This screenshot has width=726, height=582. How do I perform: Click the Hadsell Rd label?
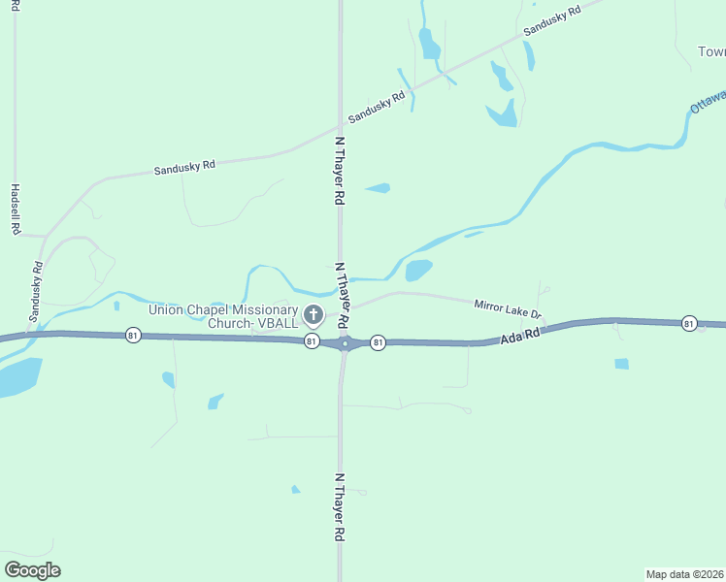pyautogui.click(x=16, y=210)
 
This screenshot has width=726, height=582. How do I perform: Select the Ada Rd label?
pyautogui.click(x=519, y=336)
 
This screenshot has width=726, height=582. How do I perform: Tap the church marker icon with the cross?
pyautogui.click(x=313, y=314)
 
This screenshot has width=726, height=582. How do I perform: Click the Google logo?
pyautogui.click(x=32, y=570)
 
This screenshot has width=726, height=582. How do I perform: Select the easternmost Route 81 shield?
pyautogui.click(x=689, y=322)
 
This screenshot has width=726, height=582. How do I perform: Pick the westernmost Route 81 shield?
pyautogui.click(x=133, y=335)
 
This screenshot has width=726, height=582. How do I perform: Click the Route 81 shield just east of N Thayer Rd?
pyautogui.click(x=378, y=342)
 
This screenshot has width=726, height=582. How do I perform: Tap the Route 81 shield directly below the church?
pyautogui.click(x=311, y=341)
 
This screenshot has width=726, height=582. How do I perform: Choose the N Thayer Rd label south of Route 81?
pyautogui.click(x=340, y=507)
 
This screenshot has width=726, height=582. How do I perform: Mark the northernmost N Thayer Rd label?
pyautogui.click(x=340, y=170)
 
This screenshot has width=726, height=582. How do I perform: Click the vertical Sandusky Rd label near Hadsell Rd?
pyautogui.click(x=36, y=292)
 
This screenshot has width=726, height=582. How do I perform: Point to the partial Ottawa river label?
pyautogui.click(x=707, y=101)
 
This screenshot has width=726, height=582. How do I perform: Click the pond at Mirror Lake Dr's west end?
pyautogui.click(x=418, y=270)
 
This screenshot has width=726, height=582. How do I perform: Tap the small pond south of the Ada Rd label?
pyautogui.click(x=621, y=364)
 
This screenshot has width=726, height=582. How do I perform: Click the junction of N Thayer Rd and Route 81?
pyautogui.click(x=344, y=343)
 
